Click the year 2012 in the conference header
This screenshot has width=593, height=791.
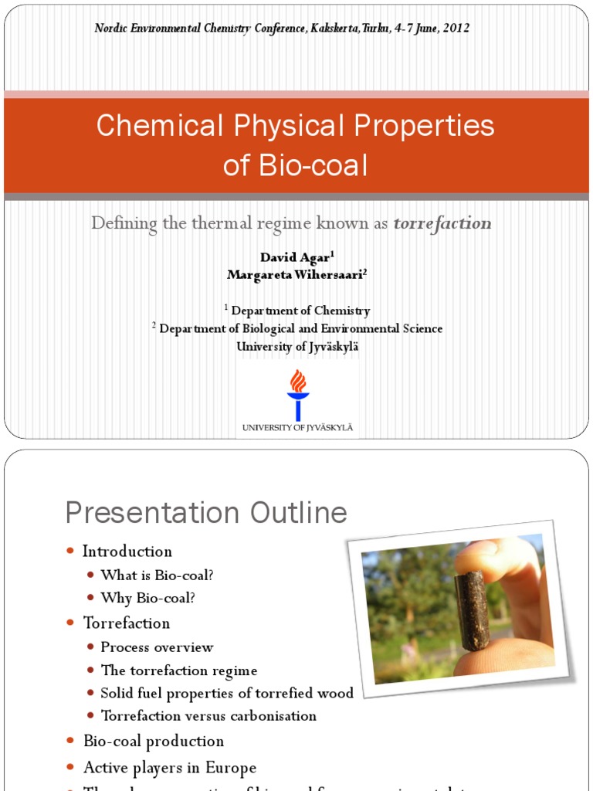coord(455,29)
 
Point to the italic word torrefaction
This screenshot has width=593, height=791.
coord(442,224)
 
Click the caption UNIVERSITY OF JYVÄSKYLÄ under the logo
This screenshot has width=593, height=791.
coord(297,427)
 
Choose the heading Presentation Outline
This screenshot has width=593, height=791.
coord(206,513)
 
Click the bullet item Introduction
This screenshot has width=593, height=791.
coord(127,552)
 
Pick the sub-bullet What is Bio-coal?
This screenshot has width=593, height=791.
coord(157,575)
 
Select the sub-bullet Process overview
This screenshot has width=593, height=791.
coord(157,647)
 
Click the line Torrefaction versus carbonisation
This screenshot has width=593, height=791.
coord(208,716)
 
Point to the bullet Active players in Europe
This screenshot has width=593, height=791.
coord(170,768)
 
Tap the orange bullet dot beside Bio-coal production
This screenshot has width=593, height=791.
coord(70,742)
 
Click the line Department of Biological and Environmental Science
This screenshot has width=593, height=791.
coord(300,329)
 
